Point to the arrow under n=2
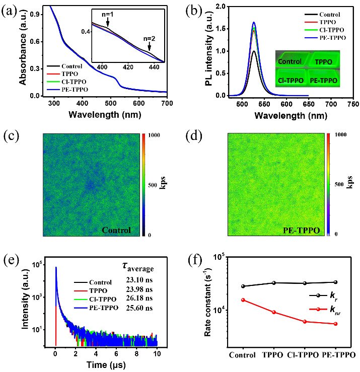coord(149,48)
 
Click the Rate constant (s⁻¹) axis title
coord(206,301)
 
